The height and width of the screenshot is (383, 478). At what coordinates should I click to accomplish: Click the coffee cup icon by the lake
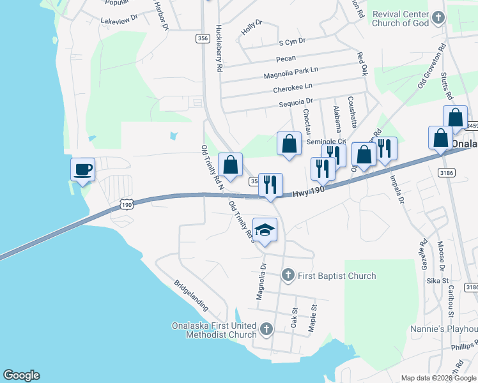click(83, 169)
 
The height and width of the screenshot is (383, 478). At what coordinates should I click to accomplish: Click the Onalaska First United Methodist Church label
click(215, 329)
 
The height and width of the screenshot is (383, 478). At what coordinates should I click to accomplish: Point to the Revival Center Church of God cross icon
click(438, 18)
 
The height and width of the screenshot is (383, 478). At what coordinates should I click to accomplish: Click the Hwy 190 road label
click(309, 191)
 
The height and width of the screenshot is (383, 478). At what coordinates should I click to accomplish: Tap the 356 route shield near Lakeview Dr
click(203, 38)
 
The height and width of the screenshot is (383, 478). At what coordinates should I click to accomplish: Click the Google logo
click(21, 375)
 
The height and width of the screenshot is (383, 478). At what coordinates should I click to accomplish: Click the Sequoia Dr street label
click(296, 101)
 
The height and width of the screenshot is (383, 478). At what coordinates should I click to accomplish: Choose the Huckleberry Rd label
click(219, 48)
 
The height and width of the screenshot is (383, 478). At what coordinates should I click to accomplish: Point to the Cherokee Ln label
click(293, 87)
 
